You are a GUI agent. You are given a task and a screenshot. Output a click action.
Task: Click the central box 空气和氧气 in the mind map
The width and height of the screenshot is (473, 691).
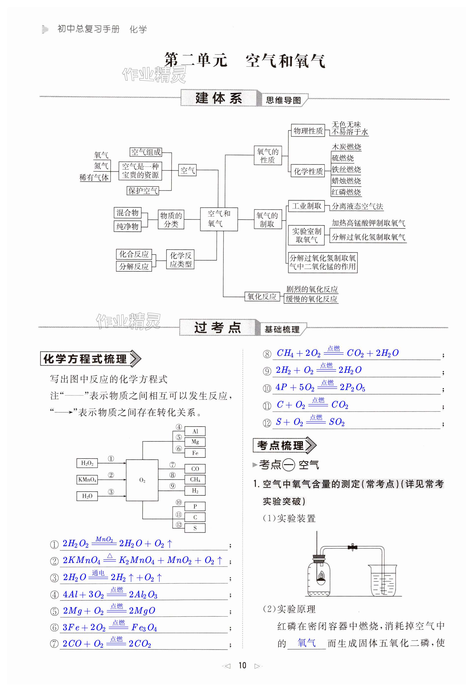point(219,219)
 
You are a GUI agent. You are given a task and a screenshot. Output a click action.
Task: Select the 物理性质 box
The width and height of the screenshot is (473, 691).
point(308,131)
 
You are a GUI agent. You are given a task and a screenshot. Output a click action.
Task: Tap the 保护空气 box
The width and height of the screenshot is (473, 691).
point(143,191)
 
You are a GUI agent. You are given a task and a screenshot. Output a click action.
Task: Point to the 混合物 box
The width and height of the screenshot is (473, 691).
point(128,213)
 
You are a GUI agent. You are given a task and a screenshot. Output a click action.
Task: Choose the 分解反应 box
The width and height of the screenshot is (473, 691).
point(134,266)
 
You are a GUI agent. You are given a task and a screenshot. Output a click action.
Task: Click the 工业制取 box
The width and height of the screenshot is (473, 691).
point(306,206)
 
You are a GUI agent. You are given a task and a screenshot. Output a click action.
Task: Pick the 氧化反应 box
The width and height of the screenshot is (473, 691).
point(262,296)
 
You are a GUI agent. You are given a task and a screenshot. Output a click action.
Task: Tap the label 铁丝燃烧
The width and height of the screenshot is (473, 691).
point(346,169)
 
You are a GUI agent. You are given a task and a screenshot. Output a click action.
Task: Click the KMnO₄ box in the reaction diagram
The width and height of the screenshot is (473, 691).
point(87,479)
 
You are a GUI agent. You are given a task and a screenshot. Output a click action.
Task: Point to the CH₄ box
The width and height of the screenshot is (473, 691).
point(195,479)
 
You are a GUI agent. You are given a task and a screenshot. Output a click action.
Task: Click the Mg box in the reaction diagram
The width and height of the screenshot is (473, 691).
point(195,442)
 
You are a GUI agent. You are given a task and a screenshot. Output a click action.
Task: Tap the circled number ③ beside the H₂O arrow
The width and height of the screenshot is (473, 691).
point(111,492)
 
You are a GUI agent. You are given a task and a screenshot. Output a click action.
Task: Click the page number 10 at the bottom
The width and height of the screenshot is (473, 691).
point(242,665)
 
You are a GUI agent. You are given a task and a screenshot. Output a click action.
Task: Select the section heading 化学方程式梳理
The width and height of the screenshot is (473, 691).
point(85,359)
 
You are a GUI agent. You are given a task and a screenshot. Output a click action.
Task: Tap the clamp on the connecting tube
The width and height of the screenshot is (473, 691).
point(352,547)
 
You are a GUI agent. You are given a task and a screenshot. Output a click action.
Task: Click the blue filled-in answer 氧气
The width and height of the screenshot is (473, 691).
point(306,643)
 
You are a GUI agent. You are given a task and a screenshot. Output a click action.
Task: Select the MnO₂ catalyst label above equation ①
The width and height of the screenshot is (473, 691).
point(104,539)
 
